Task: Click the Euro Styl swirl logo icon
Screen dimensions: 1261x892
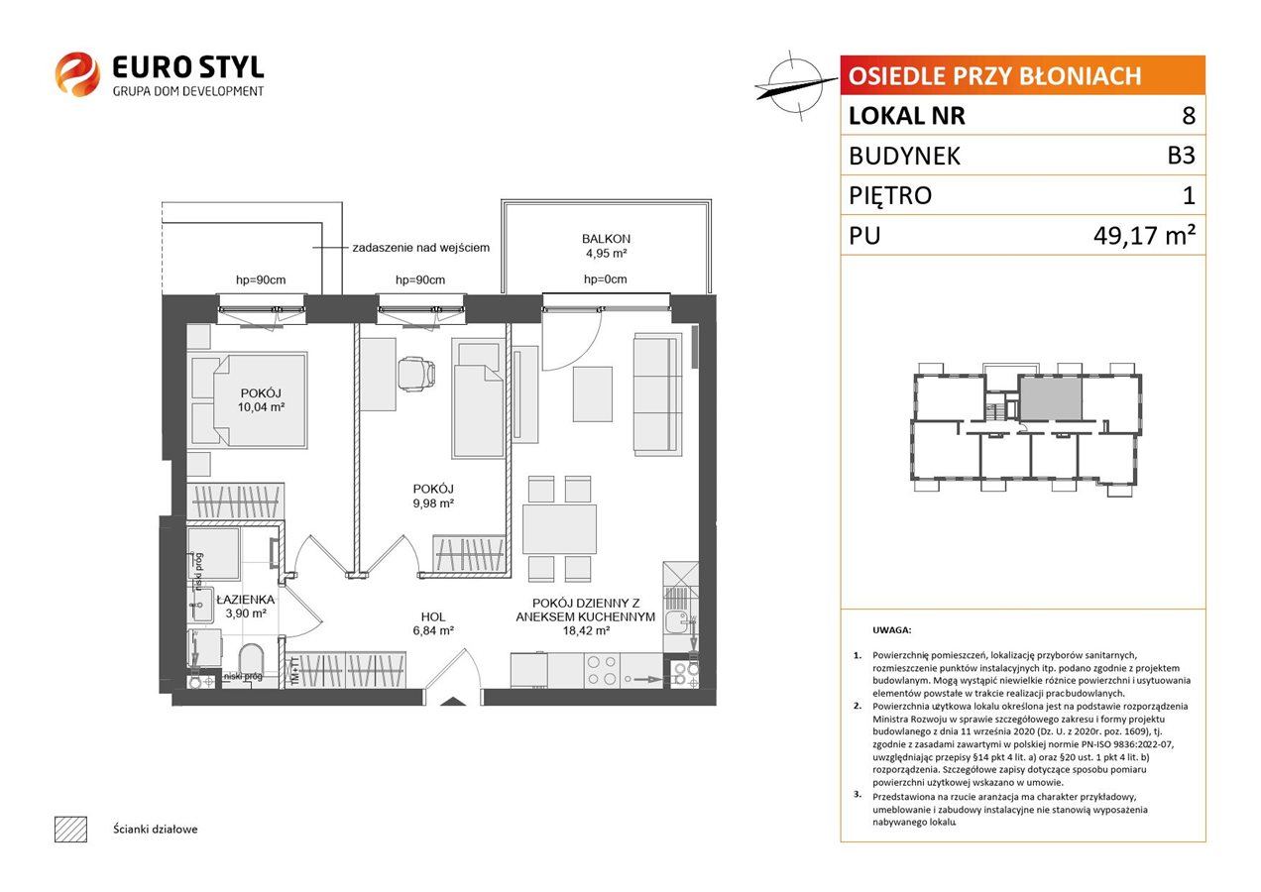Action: click(x=77, y=74)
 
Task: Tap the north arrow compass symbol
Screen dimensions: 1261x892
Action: click(x=795, y=86)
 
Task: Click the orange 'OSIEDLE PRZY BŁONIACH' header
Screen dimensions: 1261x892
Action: click(x=1022, y=75)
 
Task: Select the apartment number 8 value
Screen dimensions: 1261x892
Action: click(x=1188, y=116)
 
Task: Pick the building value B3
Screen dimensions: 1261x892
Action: click(x=1181, y=156)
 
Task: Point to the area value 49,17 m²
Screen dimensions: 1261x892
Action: click(x=1144, y=235)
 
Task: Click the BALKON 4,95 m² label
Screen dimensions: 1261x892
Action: click(x=606, y=246)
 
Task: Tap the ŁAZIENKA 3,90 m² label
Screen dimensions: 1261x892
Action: click(x=246, y=607)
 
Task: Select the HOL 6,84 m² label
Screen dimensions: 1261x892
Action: click(x=433, y=623)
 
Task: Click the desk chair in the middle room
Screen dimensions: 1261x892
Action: click(x=416, y=373)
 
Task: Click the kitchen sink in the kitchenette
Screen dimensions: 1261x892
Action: click(x=677, y=621)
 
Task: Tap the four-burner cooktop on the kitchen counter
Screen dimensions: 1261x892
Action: click(x=602, y=670)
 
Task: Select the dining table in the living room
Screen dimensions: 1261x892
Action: click(x=559, y=529)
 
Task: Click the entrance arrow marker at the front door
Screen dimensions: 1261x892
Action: click(x=453, y=702)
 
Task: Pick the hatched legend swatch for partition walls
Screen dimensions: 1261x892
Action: click(x=71, y=829)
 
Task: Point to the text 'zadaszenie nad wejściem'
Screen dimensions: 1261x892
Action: click(x=420, y=248)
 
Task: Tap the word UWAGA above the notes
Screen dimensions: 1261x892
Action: click(x=891, y=630)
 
